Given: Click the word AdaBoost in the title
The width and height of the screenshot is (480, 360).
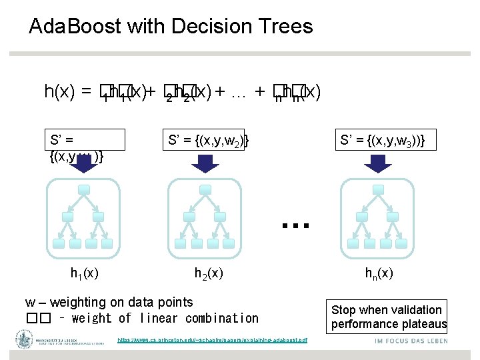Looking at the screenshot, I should click(x=74, y=27).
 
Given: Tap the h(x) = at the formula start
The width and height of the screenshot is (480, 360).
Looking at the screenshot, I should click(x=67, y=91).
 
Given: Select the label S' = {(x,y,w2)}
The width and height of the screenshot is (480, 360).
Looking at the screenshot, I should click(x=208, y=140).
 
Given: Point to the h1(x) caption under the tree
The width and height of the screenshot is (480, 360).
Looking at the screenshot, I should click(x=85, y=273).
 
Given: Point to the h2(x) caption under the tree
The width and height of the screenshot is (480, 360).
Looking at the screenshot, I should click(x=209, y=273).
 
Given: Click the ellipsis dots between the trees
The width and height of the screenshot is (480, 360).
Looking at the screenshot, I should click(x=295, y=225).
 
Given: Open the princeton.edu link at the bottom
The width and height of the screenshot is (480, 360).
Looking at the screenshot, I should click(x=213, y=340).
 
